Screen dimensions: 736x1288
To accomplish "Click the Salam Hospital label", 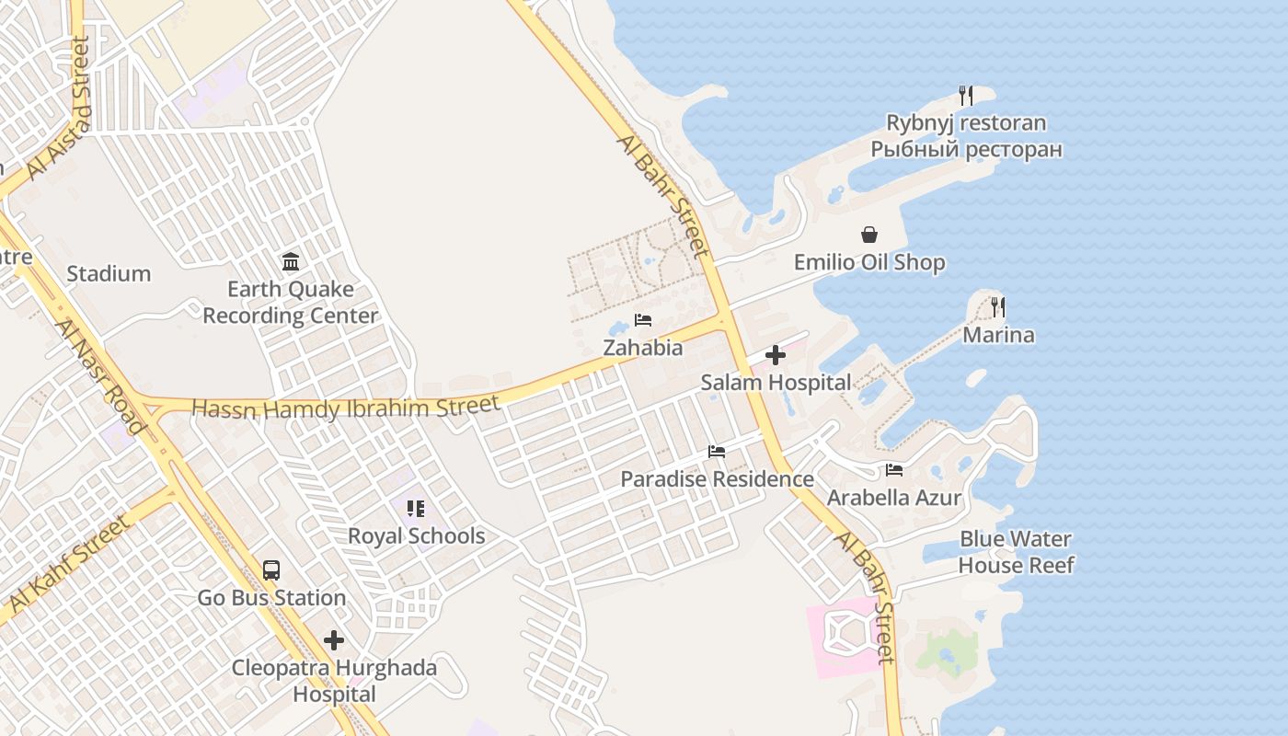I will pos(776,382).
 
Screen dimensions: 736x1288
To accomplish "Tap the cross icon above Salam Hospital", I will pos(776,355).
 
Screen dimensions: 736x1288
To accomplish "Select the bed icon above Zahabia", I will pos(643,320).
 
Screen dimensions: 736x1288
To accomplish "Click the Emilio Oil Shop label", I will pos(869,262).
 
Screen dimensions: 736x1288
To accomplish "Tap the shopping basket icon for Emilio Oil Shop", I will pos(869,236).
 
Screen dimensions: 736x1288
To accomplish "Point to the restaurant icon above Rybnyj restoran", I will pos(965,95).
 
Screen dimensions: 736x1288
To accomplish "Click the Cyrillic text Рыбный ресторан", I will pos(966,149).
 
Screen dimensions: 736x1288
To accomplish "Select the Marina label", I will pos(998,335).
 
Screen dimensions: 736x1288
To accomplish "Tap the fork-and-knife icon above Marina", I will pos(998,306).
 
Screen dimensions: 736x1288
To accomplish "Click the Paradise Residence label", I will pos(717,479).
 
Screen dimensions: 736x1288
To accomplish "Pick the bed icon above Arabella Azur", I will pos(894,470).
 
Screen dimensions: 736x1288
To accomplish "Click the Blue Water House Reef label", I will pos(1016,552).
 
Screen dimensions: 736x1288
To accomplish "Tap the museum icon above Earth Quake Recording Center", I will pos(291,262).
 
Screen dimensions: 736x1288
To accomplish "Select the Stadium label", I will pos(109,273).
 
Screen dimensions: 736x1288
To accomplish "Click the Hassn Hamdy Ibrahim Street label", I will pos(346,406).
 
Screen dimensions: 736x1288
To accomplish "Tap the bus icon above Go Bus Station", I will pos(271,570).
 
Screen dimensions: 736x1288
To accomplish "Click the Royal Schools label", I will pos(416,535).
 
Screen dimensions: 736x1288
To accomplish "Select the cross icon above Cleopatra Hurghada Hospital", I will pos(334,640).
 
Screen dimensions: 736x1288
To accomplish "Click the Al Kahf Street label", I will pos(68,564).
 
